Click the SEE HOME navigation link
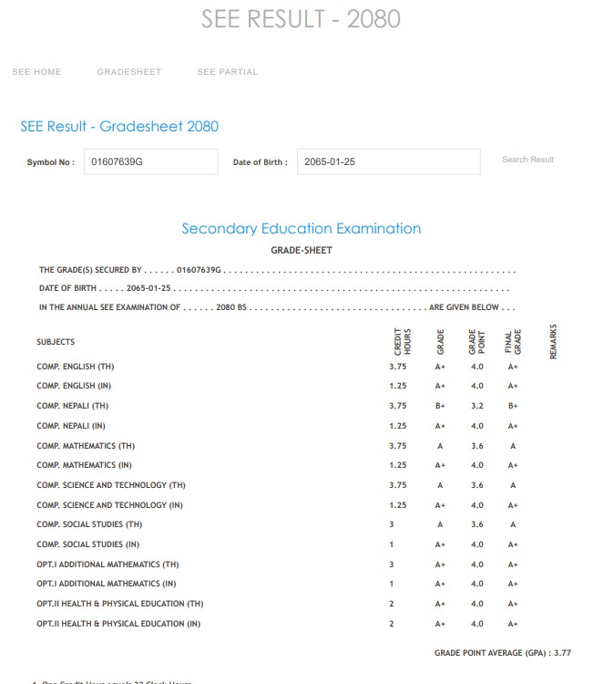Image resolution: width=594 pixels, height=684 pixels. pos(36,72)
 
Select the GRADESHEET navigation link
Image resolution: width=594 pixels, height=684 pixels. pos(129,72)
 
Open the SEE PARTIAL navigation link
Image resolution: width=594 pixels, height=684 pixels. pos(228,72)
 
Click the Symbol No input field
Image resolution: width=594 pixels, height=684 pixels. pos(150,161)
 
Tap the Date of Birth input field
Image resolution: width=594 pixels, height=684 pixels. pos(388,161)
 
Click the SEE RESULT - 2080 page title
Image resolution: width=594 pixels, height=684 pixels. pos(301,19)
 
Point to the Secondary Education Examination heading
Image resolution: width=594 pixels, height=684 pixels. pos(301,228)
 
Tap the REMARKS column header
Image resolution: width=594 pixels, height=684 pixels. pos(553,341)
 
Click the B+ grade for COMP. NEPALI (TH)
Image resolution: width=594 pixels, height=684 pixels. pos(441,406)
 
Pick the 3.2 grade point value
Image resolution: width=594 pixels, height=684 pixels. pos(477,406)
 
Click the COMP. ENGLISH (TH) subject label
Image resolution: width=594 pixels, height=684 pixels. pos(76,367)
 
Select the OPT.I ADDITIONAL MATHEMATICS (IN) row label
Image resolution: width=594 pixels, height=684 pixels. pos(107,584)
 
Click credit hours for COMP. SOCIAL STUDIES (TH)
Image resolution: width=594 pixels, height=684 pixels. pos(392,524)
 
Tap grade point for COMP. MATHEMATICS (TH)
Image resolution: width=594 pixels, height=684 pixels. pos(477,446)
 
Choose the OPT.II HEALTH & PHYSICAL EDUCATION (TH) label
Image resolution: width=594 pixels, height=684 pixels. pos(119,604)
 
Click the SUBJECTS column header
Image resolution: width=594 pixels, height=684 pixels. pos(56,342)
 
